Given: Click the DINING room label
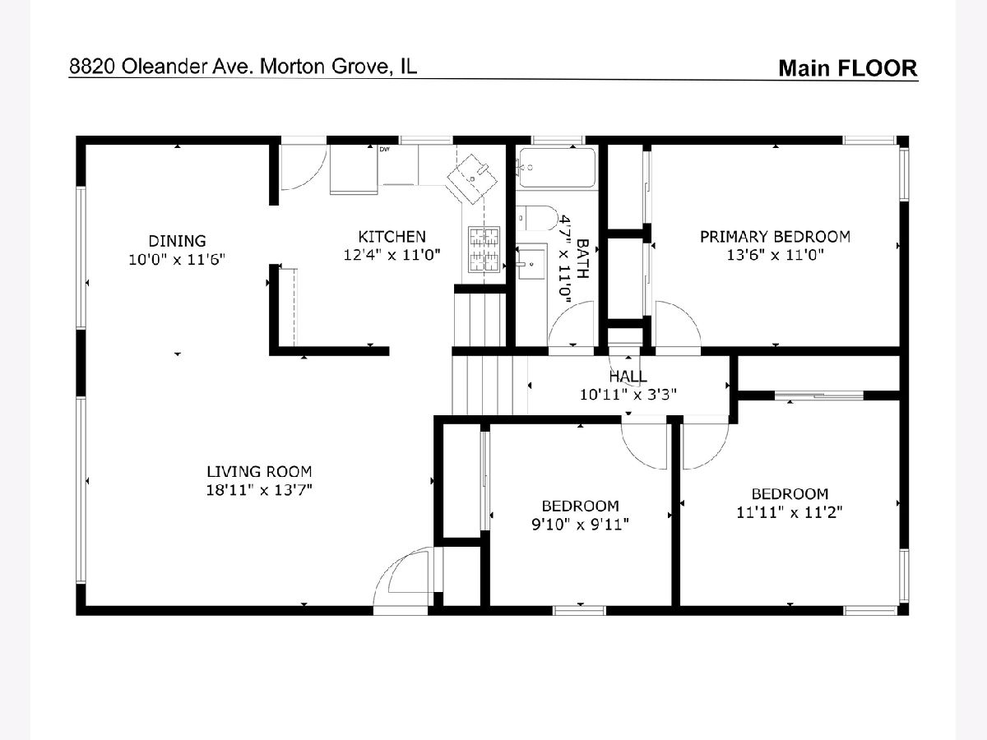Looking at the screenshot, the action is point(177,241).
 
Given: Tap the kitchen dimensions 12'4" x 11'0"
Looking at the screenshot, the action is point(392,255).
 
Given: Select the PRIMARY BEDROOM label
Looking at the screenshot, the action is point(776,237).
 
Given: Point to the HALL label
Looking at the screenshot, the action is point(628,376).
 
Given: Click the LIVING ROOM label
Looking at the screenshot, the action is point(259,471).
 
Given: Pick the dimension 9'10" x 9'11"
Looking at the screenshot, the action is point(580,525).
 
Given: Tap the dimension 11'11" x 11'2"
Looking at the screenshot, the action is point(790,512).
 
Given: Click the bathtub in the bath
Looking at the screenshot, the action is point(557,167).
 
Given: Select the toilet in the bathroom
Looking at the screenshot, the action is point(537,219).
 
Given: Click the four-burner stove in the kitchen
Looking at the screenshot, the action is point(484,249).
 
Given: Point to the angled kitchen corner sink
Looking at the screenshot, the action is point(471,178).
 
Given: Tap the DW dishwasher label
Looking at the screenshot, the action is point(384,149).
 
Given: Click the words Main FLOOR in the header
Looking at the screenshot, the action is point(848,68).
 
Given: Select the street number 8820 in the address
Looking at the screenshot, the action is point(93,67).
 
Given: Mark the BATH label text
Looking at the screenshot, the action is point(582,259).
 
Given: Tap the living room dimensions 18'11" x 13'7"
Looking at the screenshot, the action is point(259,490).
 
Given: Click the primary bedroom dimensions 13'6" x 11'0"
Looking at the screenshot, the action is point(776,255).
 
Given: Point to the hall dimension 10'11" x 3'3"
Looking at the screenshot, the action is point(628,395).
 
